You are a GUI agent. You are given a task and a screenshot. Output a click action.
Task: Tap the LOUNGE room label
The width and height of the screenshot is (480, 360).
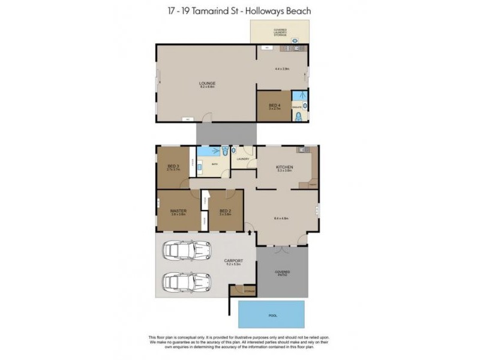(208, 84)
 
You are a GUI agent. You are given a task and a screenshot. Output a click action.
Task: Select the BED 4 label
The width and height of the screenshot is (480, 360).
(274, 106)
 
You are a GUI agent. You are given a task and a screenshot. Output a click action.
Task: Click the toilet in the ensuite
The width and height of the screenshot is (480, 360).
(299, 116)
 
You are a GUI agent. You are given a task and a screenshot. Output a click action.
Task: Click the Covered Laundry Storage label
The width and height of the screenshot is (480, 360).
(280, 32)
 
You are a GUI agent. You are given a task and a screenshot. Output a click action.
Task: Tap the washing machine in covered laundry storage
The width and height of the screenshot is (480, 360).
(295, 40)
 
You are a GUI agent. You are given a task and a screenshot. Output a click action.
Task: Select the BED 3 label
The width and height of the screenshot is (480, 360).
(173, 169)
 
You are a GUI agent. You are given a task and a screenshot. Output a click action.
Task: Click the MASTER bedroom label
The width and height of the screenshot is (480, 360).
(178, 211)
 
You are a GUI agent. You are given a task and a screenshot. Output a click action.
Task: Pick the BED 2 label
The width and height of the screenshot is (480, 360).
(225, 211)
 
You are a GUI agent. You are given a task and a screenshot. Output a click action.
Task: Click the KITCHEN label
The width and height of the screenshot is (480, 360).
(284, 167)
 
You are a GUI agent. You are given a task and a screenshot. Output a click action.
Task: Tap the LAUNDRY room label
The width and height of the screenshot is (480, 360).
(242, 159)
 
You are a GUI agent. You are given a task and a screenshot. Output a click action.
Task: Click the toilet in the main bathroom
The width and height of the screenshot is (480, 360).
(224, 151)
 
